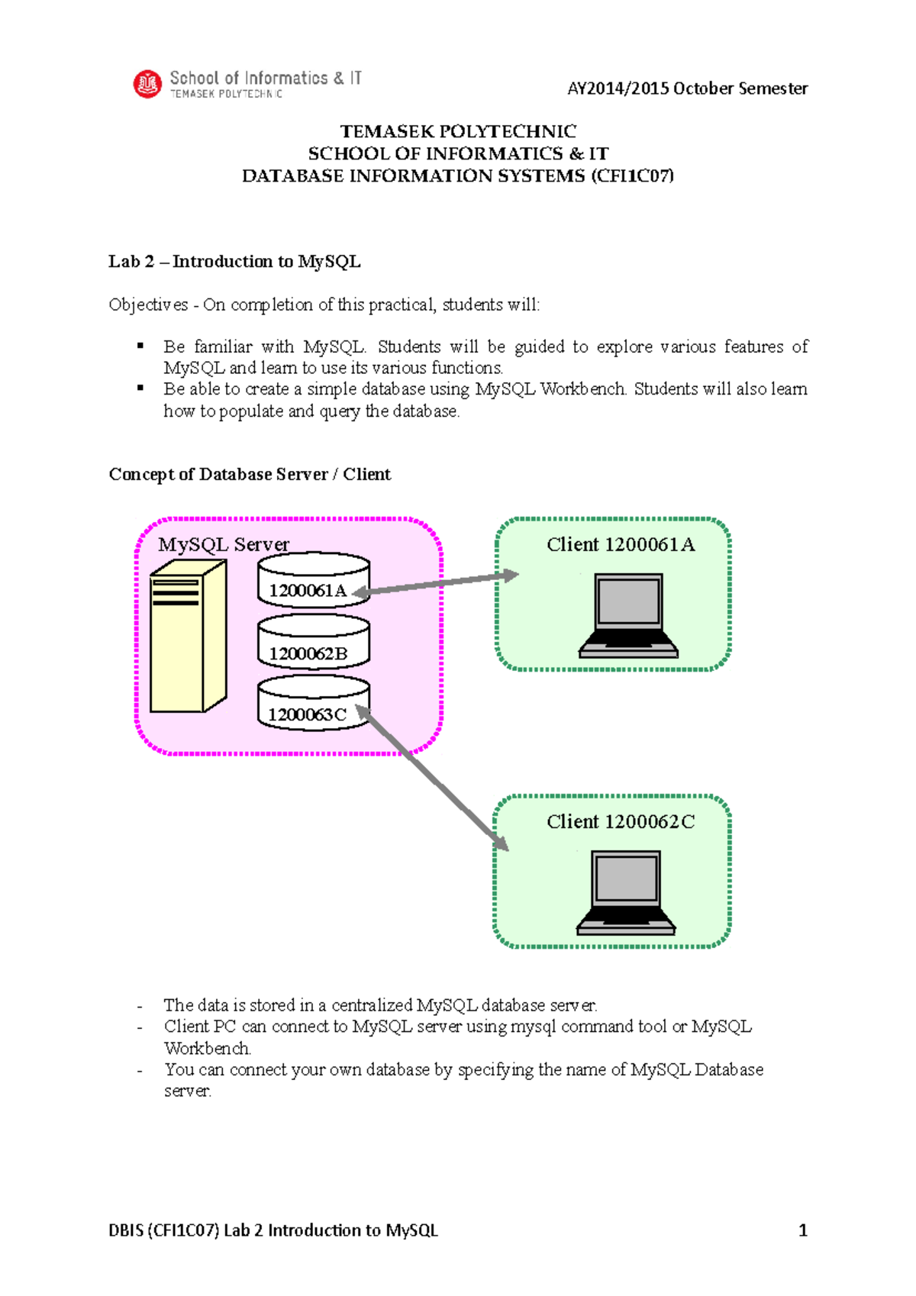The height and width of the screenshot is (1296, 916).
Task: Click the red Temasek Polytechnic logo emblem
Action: [147, 84]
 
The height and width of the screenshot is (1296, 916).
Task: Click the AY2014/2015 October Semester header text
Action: [687, 89]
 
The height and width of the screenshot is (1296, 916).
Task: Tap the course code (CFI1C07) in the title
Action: [632, 176]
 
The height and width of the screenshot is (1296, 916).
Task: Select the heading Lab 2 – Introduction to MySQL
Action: [234, 262]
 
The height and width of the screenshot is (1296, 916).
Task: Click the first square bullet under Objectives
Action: [140, 347]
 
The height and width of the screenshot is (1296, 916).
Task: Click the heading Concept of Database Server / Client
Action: [250, 475]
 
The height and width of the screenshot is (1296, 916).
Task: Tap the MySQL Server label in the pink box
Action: [224, 545]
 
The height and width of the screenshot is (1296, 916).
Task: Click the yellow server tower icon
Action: [187, 636]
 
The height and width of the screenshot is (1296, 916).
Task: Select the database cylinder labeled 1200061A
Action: [313, 581]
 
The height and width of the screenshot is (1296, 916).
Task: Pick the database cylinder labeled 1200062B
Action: [313, 643]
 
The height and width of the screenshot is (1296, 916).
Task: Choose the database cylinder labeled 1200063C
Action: [313, 704]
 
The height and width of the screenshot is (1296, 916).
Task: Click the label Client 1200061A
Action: [621, 545]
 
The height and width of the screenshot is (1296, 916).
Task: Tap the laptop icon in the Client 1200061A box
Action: [628, 616]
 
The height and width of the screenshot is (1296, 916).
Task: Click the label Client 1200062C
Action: [621, 822]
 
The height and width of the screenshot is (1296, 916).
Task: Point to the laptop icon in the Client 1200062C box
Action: [626, 893]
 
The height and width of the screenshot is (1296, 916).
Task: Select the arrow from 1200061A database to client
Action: [435, 584]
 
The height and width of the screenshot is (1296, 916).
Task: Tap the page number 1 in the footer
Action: [802, 1230]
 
